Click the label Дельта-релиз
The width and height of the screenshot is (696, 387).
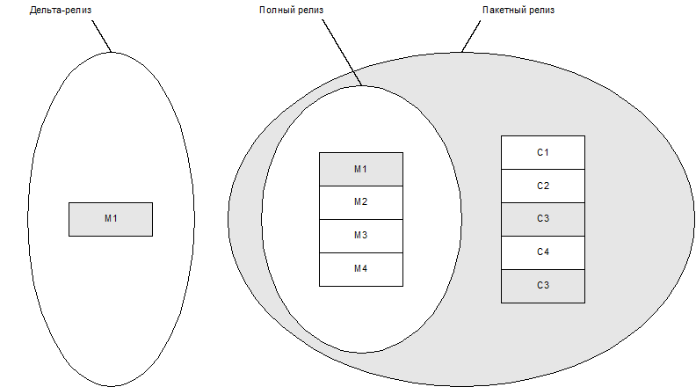pyautogui.click(x=60, y=11)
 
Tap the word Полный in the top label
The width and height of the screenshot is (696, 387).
pyautogui.click(x=275, y=11)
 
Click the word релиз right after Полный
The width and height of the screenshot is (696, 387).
pyautogui.click(x=308, y=11)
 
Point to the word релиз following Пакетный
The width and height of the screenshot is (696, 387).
pyautogui.click(x=541, y=11)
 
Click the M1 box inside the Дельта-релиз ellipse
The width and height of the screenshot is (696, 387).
pyautogui.click(x=111, y=219)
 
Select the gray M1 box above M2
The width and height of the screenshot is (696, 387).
pyautogui.click(x=360, y=169)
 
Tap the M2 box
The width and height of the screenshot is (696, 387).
pyautogui.click(x=360, y=202)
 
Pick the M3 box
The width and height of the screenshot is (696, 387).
pyautogui.click(x=360, y=236)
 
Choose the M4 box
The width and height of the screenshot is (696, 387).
pyautogui.click(x=360, y=269)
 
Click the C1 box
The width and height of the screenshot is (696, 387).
pyautogui.click(x=542, y=152)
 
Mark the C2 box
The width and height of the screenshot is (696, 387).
pyautogui.click(x=542, y=186)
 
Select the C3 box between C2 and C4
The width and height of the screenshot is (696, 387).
pyautogui.click(x=542, y=219)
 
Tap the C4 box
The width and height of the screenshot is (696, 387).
pyautogui.click(x=542, y=252)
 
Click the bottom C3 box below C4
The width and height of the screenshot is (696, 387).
pyautogui.click(x=542, y=286)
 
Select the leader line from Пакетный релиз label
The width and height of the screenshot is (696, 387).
pyautogui.click(x=472, y=34)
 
